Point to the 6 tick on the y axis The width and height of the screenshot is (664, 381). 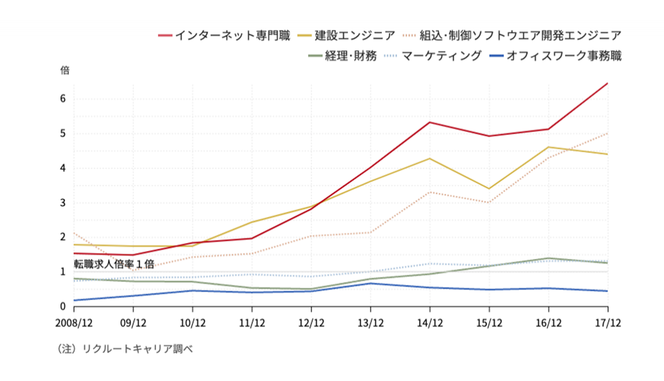point(63,98)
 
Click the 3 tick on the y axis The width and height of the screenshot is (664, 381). point(63,202)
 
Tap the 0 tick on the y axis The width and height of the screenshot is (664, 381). point(63,306)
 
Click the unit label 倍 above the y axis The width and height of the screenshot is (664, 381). point(64,70)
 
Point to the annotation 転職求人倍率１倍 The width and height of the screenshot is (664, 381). point(114,264)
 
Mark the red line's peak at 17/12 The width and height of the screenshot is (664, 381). point(608,84)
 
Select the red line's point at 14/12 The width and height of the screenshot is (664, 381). point(430,122)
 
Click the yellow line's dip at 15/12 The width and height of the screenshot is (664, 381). point(489,189)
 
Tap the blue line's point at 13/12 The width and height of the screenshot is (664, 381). point(371,283)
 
